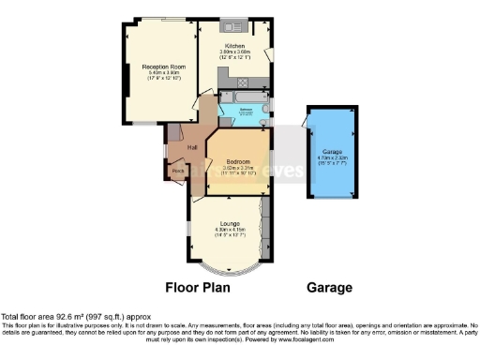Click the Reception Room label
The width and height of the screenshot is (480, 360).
click(160, 67)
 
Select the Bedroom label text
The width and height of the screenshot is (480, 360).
click(238, 161)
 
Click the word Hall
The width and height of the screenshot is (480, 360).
click(191, 148)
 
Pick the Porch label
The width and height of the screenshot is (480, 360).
click(177, 171)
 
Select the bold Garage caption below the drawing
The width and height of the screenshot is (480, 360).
click(328, 287)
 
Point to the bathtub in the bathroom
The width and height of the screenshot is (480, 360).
click(241, 97)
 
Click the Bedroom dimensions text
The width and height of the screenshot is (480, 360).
click(238, 171)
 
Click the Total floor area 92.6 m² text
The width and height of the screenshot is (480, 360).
click(74, 317)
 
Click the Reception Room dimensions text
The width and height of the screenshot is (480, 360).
click(160, 76)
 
